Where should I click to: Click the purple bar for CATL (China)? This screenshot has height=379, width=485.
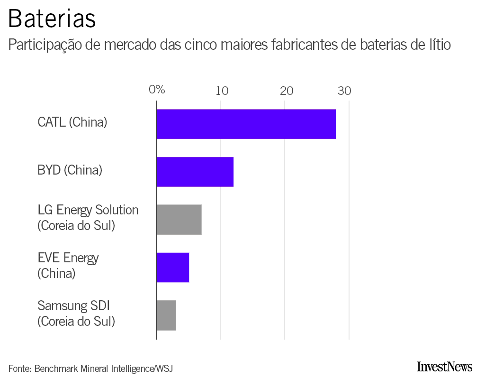[246, 124]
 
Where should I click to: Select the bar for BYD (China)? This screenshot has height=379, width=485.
[195, 172]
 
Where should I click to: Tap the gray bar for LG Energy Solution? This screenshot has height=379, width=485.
[179, 220]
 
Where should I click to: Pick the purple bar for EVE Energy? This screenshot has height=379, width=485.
[172, 268]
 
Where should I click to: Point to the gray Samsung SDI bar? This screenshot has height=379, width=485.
[166, 315]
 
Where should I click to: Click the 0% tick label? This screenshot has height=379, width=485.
[157, 90]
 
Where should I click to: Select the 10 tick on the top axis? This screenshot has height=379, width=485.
[221, 91]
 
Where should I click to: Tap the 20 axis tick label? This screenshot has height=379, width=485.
[286, 91]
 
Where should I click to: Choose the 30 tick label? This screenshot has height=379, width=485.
[344, 91]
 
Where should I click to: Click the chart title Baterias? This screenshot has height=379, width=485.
[52, 19]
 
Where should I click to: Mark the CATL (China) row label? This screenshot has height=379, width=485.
[72, 122]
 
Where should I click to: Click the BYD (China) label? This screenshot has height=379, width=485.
[70, 170]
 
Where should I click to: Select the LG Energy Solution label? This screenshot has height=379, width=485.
[88, 210]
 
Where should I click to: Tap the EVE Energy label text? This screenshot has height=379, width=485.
[68, 258]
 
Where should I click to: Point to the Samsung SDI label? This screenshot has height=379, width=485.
[73, 305]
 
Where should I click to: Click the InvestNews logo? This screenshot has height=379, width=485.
[445, 366]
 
